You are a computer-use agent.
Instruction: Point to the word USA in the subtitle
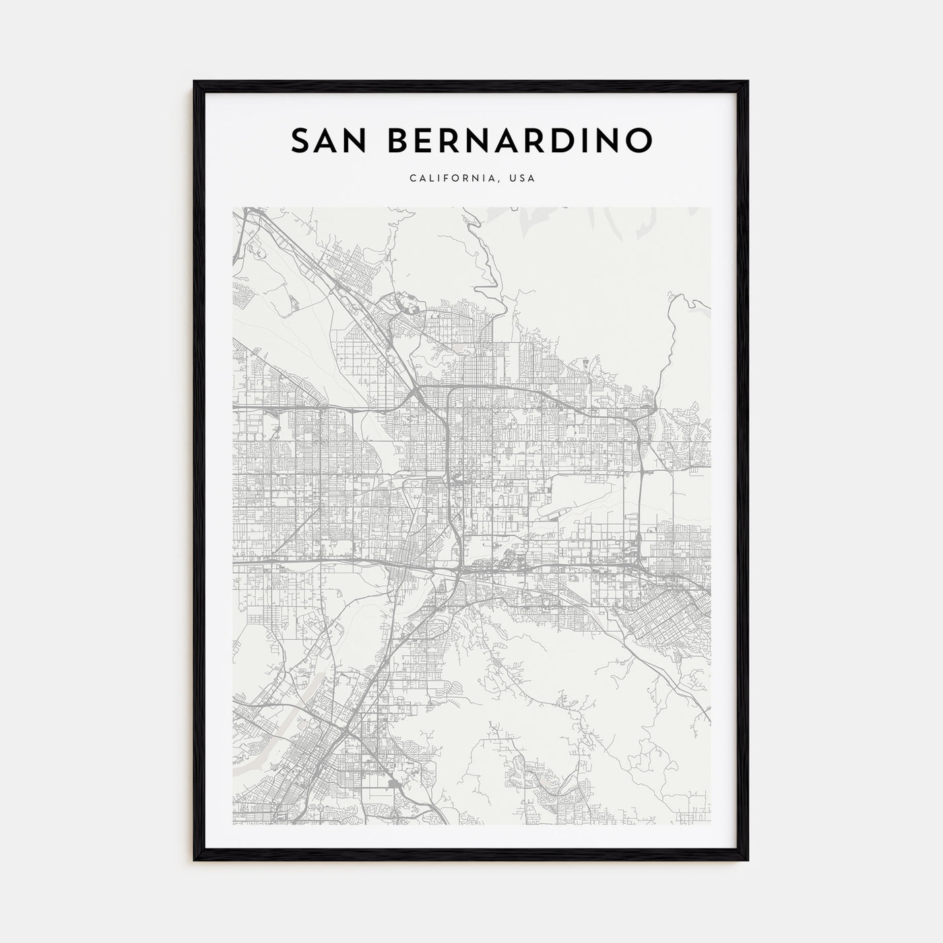click(x=522, y=179)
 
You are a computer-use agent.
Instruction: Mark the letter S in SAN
click(x=301, y=140)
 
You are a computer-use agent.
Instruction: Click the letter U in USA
click(x=513, y=179)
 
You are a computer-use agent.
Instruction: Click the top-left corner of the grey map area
click(x=233, y=207)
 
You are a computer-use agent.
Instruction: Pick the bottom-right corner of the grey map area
click(x=710, y=824)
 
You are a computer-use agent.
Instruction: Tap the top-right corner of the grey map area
click(x=710, y=207)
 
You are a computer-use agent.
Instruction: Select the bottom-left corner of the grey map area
click(x=233, y=824)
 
